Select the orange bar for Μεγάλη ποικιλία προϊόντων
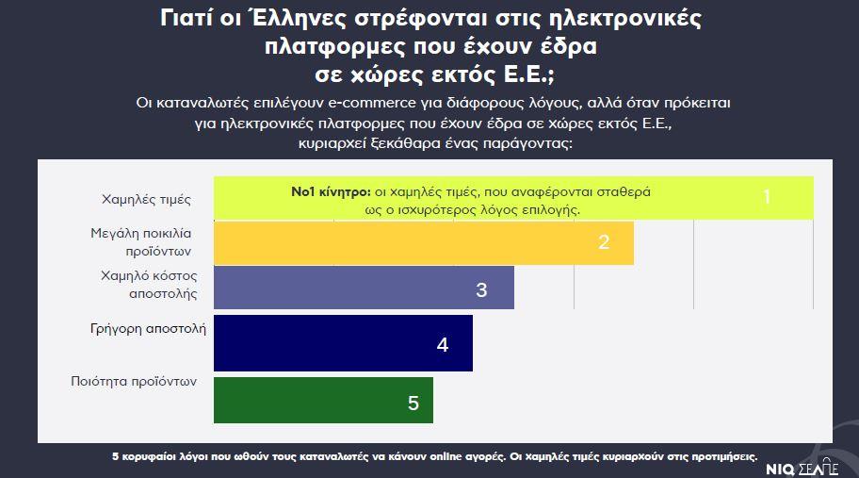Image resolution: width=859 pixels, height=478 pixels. (x=424, y=243)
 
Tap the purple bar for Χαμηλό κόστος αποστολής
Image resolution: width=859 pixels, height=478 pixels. (x=364, y=288)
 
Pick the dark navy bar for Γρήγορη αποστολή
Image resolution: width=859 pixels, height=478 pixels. (x=343, y=343)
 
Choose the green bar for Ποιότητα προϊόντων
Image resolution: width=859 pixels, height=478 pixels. (x=323, y=400)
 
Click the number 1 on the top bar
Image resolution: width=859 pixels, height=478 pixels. (x=767, y=197)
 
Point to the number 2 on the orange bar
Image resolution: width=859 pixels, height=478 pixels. (x=604, y=242)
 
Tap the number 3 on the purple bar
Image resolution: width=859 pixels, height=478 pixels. (x=481, y=289)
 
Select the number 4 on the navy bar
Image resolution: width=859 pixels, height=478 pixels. (x=442, y=344)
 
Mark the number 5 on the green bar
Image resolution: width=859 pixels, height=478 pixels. (x=413, y=403)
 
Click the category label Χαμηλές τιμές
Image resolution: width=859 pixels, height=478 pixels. (x=146, y=200)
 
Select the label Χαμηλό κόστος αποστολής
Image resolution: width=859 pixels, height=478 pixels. (x=148, y=285)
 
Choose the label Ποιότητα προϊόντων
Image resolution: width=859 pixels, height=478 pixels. (x=133, y=382)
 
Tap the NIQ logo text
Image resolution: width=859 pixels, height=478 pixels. (x=783, y=466)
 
